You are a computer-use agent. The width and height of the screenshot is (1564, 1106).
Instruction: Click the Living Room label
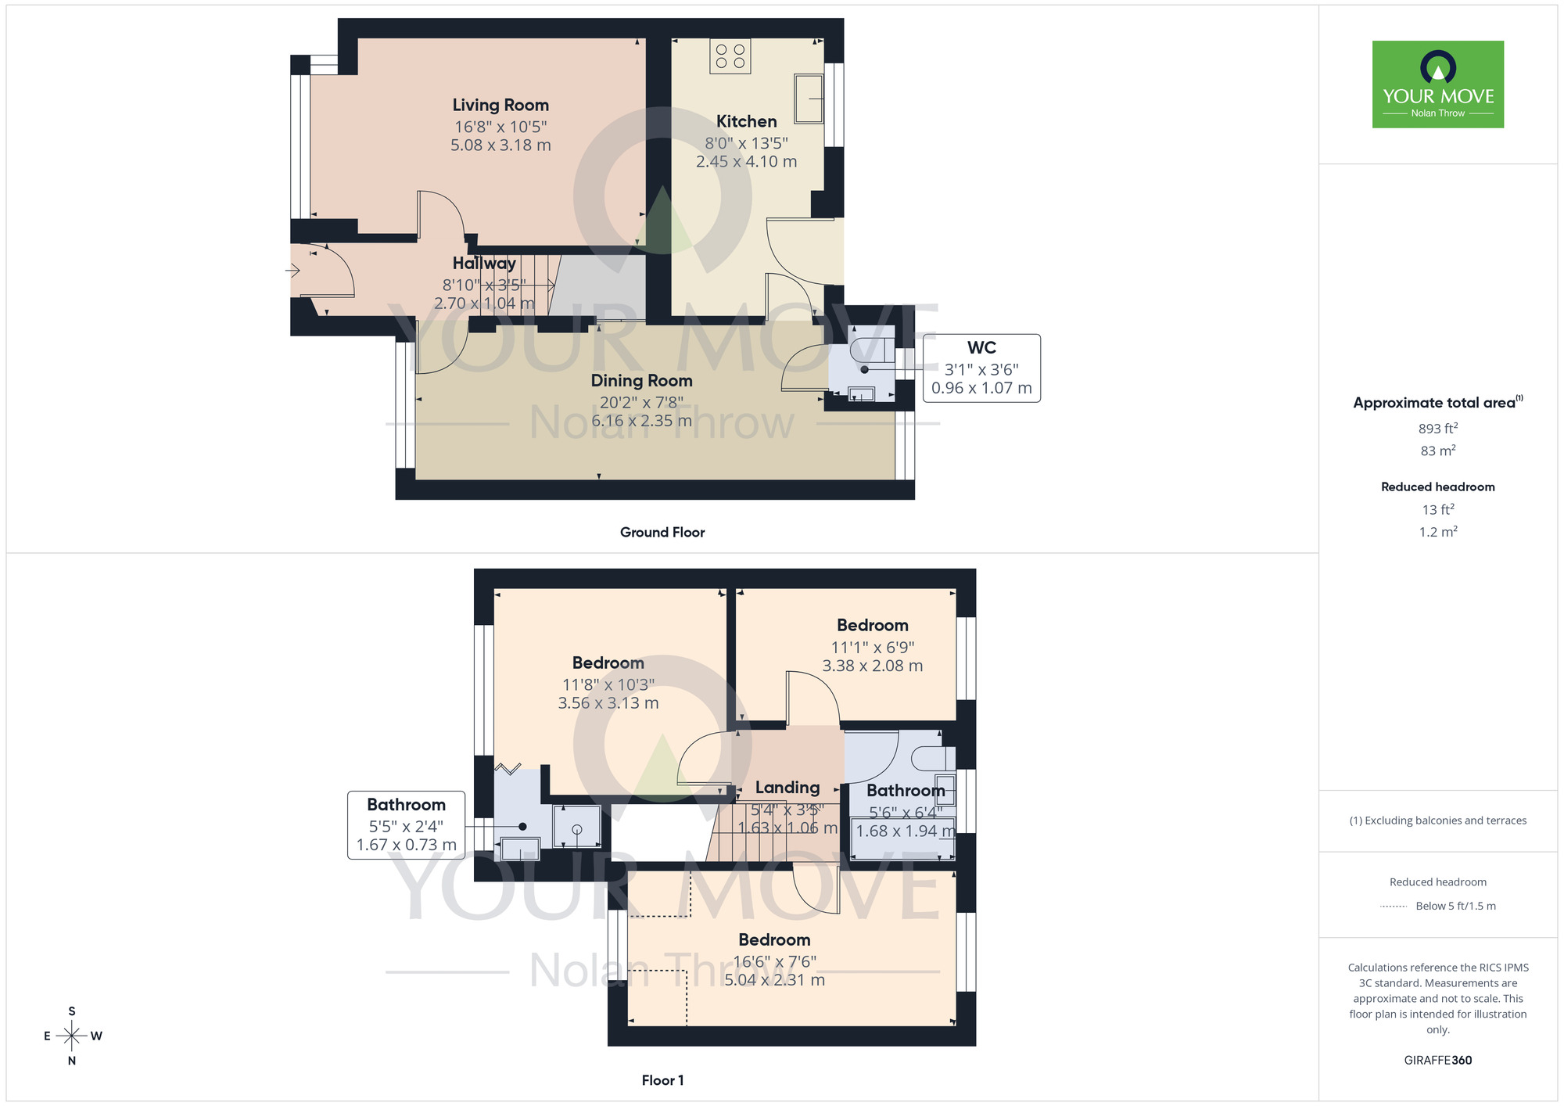[x=500, y=106]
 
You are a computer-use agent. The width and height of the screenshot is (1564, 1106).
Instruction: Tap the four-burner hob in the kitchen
[x=730, y=56]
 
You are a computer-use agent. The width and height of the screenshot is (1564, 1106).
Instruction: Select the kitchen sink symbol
[x=809, y=99]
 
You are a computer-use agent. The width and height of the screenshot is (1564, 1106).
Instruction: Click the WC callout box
[x=981, y=368]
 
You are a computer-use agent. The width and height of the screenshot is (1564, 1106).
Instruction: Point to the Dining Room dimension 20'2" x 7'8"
[x=641, y=402]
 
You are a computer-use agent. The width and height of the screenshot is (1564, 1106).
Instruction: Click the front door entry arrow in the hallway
[x=293, y=271]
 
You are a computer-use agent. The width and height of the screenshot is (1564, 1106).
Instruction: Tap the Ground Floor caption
[x=662, y=532]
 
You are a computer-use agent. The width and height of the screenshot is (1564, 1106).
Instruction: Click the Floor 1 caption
[x=662, y=1080]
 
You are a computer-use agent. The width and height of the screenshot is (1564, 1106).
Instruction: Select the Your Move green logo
[x=1437, y=84]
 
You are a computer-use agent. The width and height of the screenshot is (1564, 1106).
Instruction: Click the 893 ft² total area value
[x=1437, y=429]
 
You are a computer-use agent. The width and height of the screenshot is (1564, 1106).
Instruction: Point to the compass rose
[x=72, y=1036]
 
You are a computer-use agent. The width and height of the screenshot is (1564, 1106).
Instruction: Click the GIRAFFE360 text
[x=1437, y=1061]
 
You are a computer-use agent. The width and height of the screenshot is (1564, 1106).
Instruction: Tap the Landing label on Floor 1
[x=787, y=788]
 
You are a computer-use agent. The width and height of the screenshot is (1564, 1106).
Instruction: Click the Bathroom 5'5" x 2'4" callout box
[x=406, y=825]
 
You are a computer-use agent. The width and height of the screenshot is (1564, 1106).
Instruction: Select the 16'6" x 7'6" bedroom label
[x=774, y=961]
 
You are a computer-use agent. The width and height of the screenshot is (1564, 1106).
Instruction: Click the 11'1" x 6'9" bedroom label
[x=872, y=647]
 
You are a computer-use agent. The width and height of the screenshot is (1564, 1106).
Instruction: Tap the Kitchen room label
[x=746, y=122]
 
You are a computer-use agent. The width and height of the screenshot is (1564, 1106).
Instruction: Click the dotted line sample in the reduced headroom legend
[x=1394, y=907]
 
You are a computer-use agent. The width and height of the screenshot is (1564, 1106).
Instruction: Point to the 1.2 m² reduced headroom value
[x=1437, y=532]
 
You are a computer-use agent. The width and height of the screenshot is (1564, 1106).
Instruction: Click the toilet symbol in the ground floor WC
[x=870, y=348]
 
